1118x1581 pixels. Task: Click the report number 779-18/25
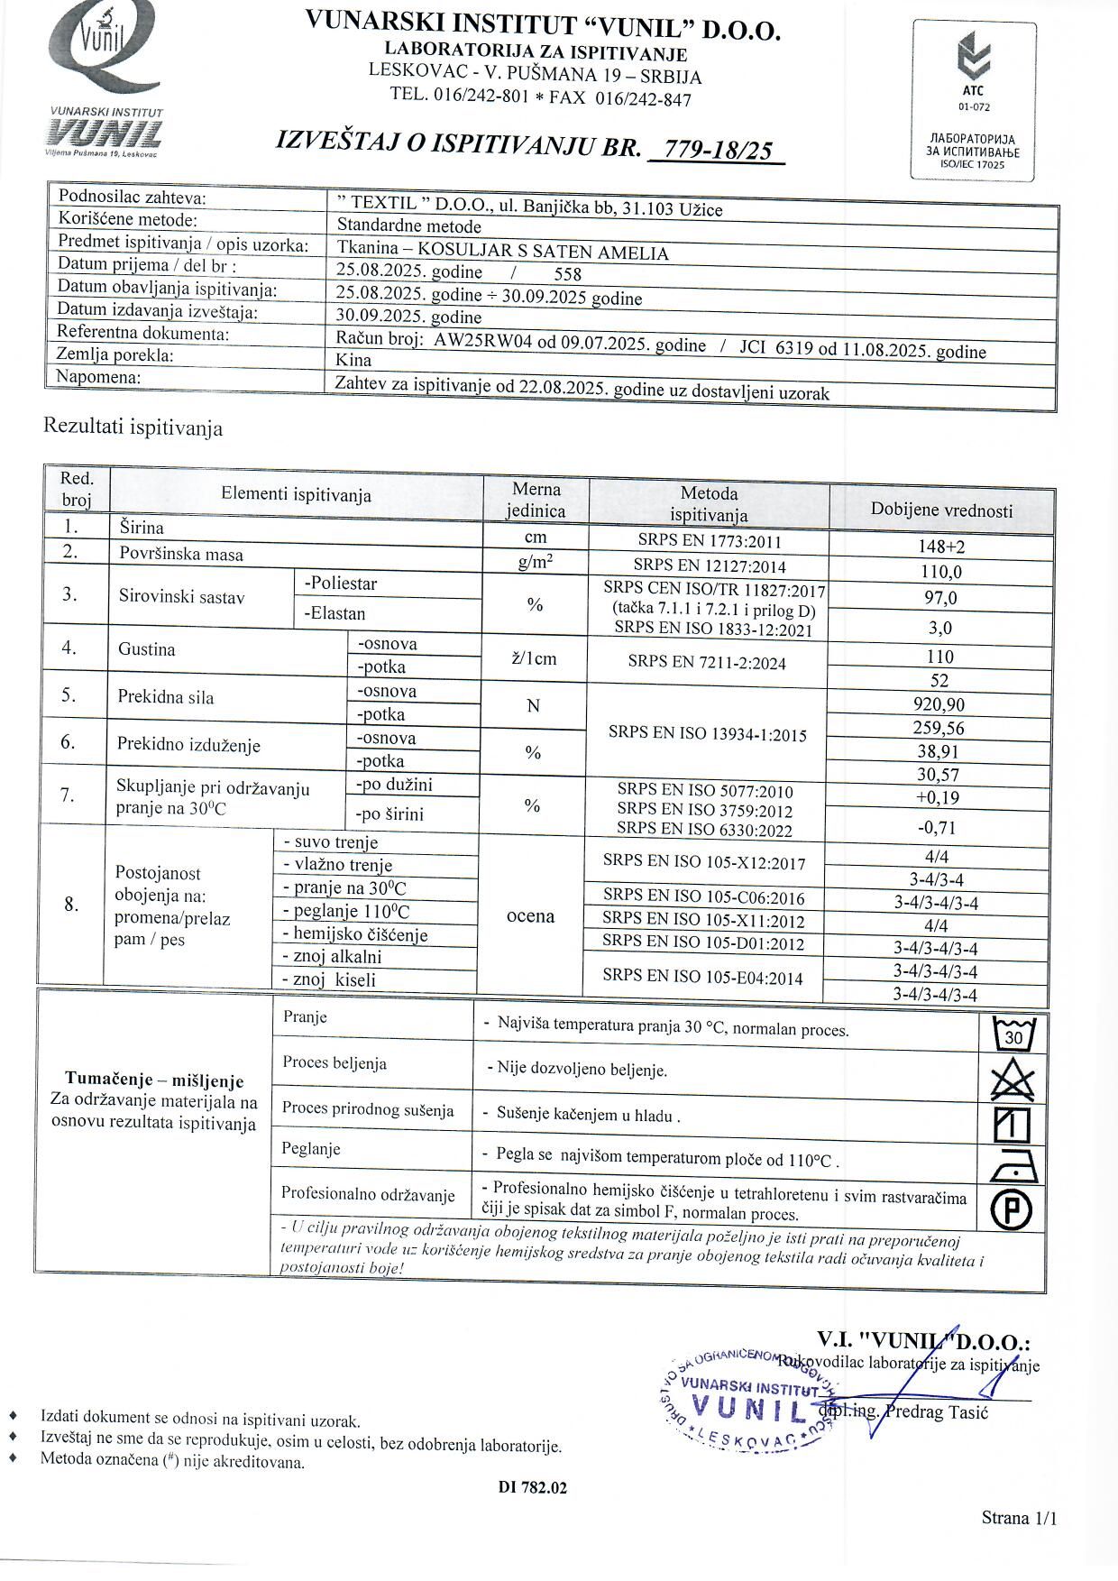point(716,149)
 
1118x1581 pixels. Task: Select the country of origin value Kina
point(353,358)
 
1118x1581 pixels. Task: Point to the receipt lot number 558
point(567,274)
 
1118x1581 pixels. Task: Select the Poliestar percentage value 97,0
point(940,598)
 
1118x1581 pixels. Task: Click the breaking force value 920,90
point(939,704)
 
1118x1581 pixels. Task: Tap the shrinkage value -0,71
point(937,827)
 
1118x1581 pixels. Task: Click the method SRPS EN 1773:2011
point(709,542)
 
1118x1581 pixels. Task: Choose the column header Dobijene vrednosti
point(941,510)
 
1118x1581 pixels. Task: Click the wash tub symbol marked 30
point(1013,1034)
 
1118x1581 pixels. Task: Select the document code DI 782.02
point(533,1487)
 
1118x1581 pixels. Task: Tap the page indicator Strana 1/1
point(1019,1518)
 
